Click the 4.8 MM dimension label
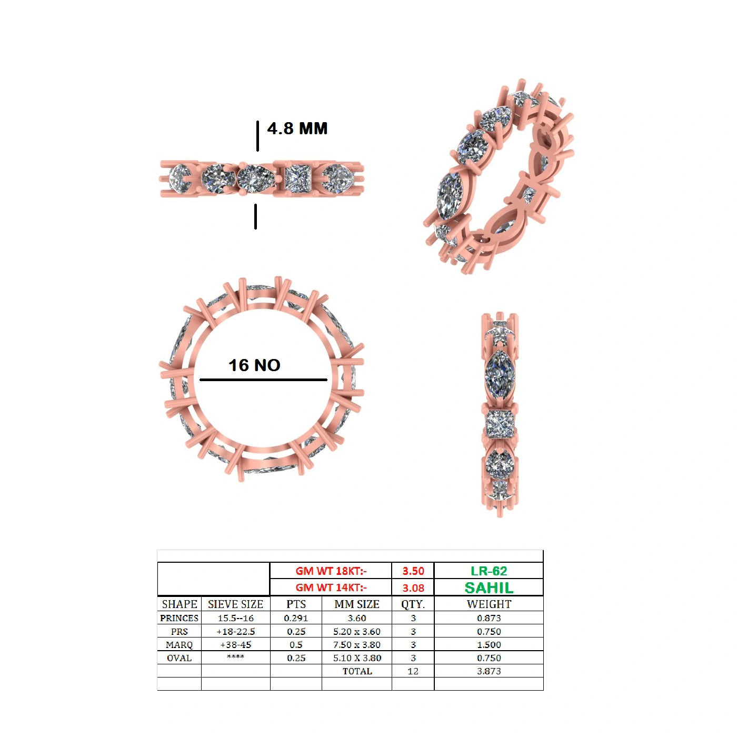pyautogui.click(x=297, y=128)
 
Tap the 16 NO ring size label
pyautogui.click(x=254, y=365)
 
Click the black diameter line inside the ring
pyautogui.click(x=263, y=380)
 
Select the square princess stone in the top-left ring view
pyautogui.click(x=298, y=179)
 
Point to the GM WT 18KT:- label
pyautogui.click(x=331, y=571)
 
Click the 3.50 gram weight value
pyautogui.click(x=413, y=571)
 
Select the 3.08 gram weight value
pyautogui.click(x=413, y=588)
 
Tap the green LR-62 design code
pyautogui.click(x=489, y=571)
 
